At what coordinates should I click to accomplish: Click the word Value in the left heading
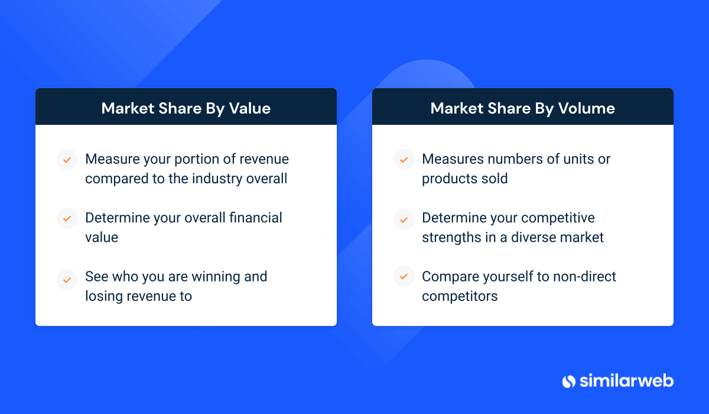coord(250,108)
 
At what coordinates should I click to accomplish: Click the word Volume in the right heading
coord(586,108)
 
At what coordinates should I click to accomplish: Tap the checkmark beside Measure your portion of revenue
coord(67,160)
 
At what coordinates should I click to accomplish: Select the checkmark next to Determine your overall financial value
coord(67,218)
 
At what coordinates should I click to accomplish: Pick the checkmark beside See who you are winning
coord(67,280)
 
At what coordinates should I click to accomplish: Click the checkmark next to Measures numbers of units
coord(404,160)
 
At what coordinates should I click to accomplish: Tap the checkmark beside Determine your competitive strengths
coord(404,219)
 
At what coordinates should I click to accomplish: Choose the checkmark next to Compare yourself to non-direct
coord(404,276)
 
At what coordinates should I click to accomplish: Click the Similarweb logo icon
coord(569,381)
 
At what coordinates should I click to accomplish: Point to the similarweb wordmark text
coord(626,380)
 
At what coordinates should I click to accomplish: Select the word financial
coord(255,218)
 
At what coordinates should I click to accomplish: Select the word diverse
coord(535,238)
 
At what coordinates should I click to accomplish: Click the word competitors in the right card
coord(460,297)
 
